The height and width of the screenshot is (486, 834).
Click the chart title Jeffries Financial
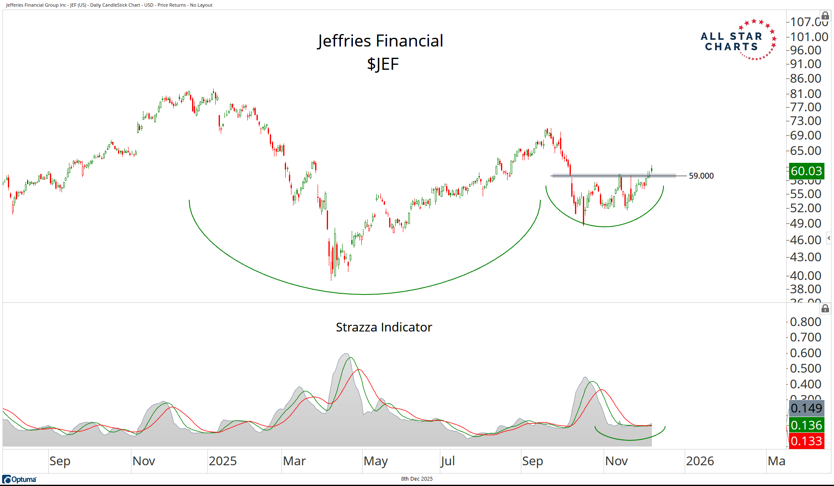pos(380,41)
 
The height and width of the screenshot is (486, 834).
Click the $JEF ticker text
pos(382,64)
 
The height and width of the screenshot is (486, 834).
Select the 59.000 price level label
pos(701,176)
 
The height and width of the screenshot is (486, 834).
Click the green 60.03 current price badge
pos(806,171)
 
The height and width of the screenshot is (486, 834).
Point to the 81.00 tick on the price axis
pos(805,94)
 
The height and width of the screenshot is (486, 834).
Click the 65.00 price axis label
pos(805,151)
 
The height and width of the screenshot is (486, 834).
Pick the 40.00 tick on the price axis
pos(805,276)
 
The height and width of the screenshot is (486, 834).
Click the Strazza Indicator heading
pos(384,327)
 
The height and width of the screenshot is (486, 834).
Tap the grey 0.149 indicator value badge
pos(806,408)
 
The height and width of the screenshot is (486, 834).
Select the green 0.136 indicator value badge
pos(806,425)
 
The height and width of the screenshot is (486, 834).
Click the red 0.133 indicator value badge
pos(806,441)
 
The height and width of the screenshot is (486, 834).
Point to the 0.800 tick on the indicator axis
pos(805,322)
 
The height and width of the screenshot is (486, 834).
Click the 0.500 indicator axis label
pos(805,368)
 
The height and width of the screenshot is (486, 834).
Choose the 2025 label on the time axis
pos(222,461)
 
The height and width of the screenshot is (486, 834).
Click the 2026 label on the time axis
pos(700,461)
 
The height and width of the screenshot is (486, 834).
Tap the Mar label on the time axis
pos(294,461)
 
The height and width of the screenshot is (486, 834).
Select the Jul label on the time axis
pos(448,461)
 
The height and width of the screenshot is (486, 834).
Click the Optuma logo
pos(20,479)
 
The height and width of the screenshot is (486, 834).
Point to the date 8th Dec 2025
pos(417,479)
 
